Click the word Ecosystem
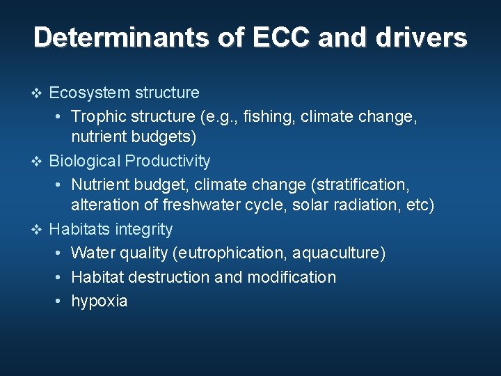pos(88,93)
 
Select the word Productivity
pos(168,161)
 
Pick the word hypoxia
pos(100,301)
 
